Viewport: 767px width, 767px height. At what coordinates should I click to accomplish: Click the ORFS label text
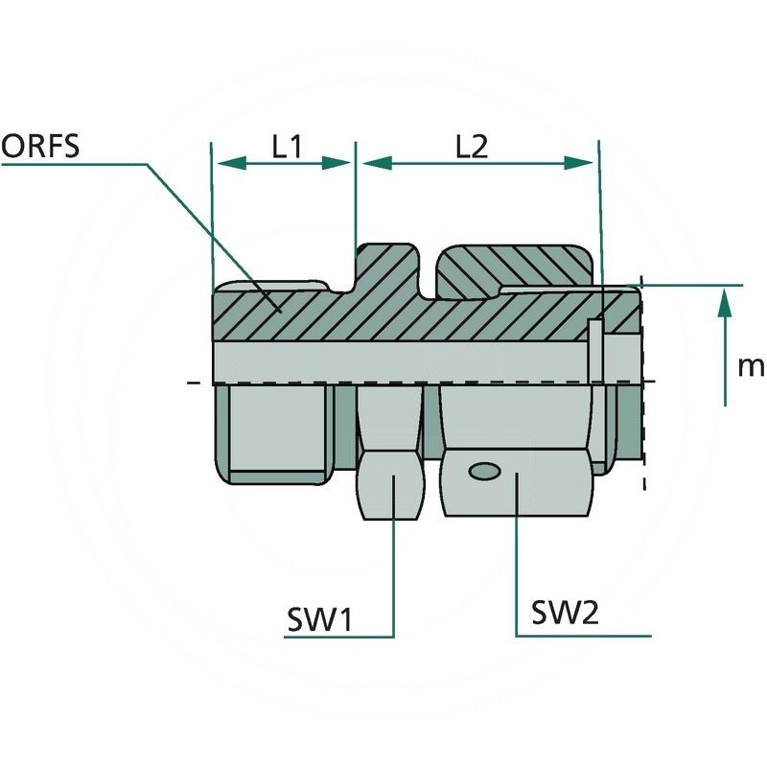tap(40, 146)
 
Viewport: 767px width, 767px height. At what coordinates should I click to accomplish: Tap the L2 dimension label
tap(472, 146)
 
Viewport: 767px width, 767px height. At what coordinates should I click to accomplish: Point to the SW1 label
tap(320, 619)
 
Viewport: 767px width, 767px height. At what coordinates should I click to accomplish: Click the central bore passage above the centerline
tap(403, 360)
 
